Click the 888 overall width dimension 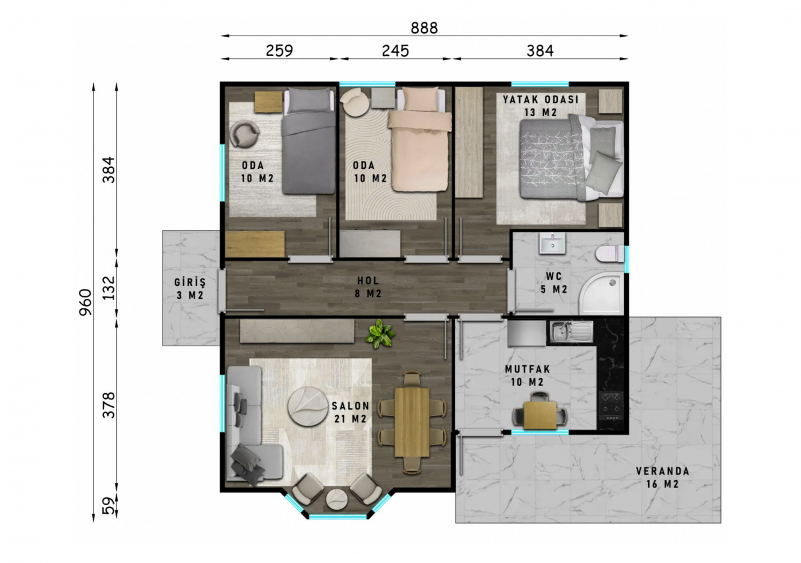(x=424, y=28)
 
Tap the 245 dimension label (x=395, y=51)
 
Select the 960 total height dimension (x=85, y=302)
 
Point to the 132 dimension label (x=109, y=288)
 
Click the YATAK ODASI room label (x=541, y=100)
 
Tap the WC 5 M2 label (x=554, y=283)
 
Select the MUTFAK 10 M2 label (x=528, y=375)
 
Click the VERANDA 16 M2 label (x=663, y=478)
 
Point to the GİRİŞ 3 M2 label (x=190, y=289)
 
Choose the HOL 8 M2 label (x=368, y=287)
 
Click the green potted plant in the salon (x=380, y=334)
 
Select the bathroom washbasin (x=553, y=243)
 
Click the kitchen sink (x=571, y=332)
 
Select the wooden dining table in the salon (x=412, y=422)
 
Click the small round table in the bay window (x=336, y=499)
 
